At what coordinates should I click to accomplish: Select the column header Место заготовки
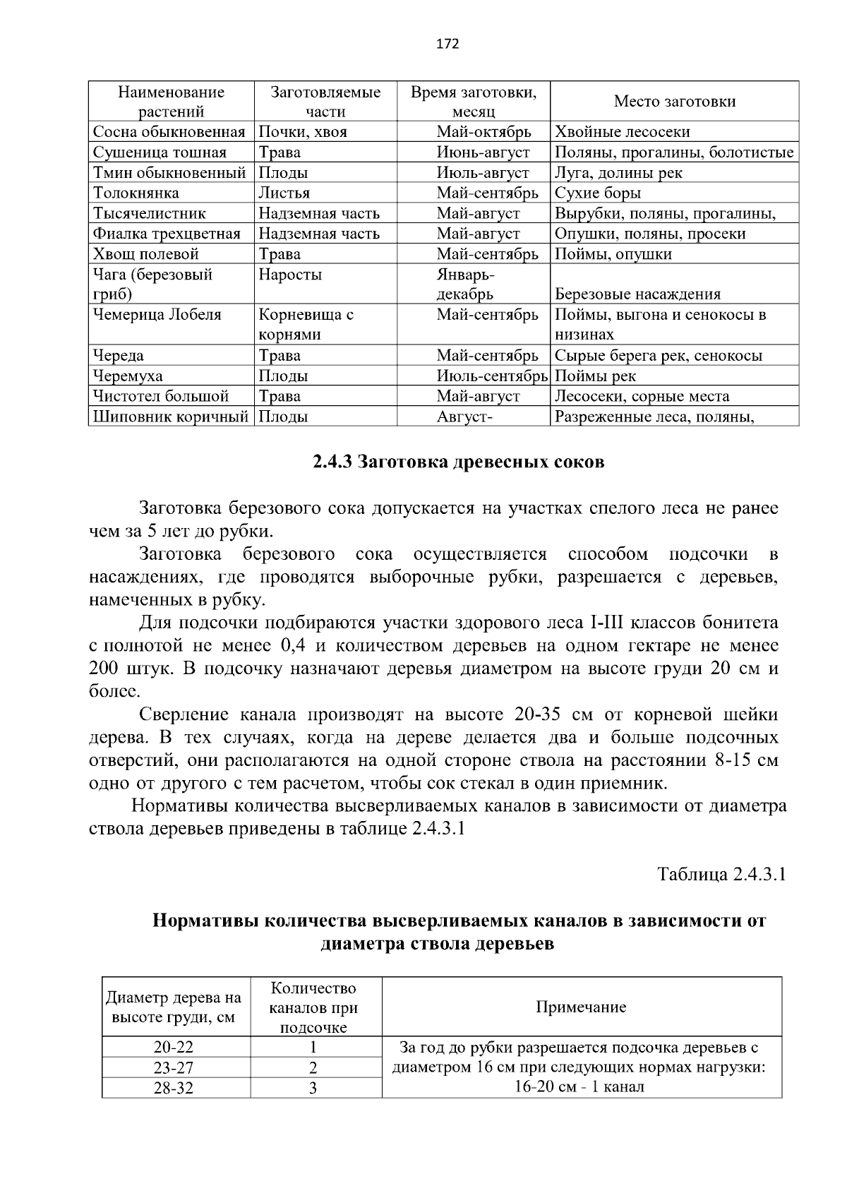point(674,102)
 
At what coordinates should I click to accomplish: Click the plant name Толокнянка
point(136,193)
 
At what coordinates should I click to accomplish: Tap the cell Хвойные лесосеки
point(622,132)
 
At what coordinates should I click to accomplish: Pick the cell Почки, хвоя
point(302,132)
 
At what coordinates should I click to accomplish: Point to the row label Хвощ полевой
point(146,254)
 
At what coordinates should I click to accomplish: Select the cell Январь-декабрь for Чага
point(465,284)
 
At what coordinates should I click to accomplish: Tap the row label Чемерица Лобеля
point(157,315)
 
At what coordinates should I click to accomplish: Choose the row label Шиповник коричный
point(170,417)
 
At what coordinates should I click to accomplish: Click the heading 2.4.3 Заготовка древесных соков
point(459,462)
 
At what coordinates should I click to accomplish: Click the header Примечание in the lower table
point(581,1007)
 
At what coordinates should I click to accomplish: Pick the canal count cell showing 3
point(313,1088)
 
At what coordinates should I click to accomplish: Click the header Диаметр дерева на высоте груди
point(174,1007)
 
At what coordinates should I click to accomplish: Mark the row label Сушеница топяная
point(160,152)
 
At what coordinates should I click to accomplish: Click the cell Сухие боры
point(597,193)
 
